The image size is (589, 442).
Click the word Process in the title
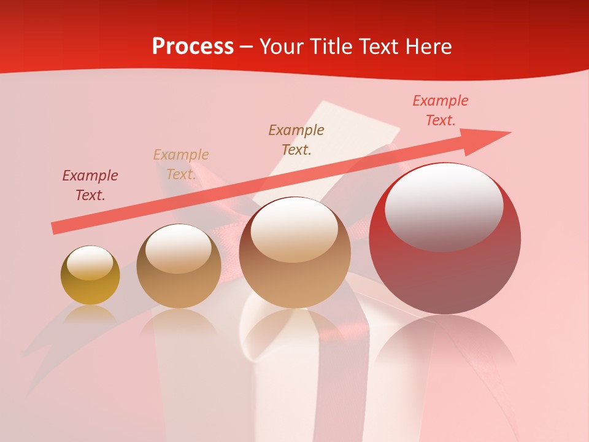click(x=193, y=47)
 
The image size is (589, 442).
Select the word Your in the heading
click(x=282, y=47)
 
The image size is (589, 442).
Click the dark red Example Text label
click(x=90, y=185)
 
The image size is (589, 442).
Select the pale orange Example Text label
click(x=181, y=165)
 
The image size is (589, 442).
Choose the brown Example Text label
click(x=296, y=139)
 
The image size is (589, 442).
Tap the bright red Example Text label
click(x=441, y=110)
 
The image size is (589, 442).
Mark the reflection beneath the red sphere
click(x=445, y=350)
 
